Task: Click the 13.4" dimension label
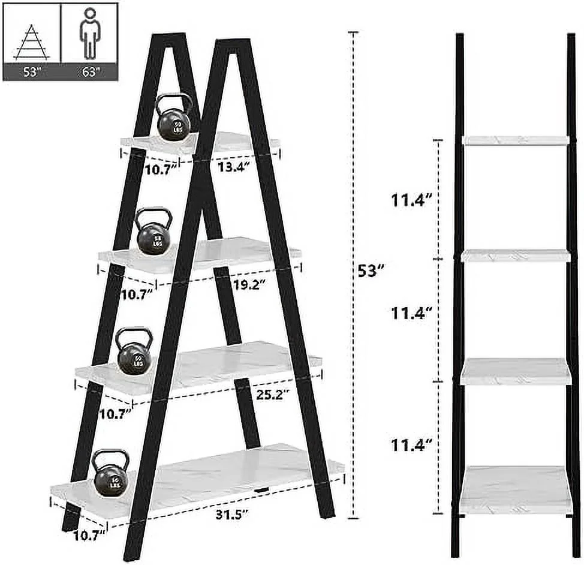point(233,167)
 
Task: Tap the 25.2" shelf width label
point(270,394)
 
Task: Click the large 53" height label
point(369,271)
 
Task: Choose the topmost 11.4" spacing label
point(413,200)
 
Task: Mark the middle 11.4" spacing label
point(413,312)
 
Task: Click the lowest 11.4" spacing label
point(413,445)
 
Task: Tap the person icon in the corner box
point(89,33)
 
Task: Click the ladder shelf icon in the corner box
point(32,43)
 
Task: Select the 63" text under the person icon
point(89,71)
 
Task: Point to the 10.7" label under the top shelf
point(161,169)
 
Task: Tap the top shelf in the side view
point(516,140)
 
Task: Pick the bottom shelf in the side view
point(516,489)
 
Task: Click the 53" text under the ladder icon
point(32,71)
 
